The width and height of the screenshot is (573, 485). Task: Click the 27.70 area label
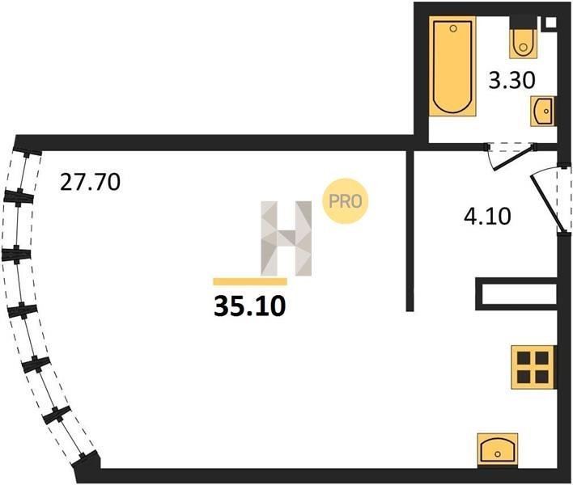(90, 182)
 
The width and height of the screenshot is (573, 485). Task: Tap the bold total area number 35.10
(249, 306)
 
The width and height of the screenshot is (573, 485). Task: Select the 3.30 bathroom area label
(512, 80)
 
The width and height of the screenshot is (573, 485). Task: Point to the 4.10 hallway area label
(487, 216)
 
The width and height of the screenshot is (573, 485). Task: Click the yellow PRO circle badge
(346, 200)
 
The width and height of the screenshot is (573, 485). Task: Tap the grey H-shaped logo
(286, 238)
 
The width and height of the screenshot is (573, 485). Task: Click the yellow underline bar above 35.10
(250, 281)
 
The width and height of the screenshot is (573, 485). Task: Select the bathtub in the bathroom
(452, 66)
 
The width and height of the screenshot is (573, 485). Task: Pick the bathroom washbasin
(543, 111)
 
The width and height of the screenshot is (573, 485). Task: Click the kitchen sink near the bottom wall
(498, 450)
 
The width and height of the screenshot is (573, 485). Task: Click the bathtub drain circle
(453, 28)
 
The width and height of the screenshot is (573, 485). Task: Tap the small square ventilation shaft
(550, 22)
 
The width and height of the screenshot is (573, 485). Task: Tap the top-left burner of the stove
(524, 358)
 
